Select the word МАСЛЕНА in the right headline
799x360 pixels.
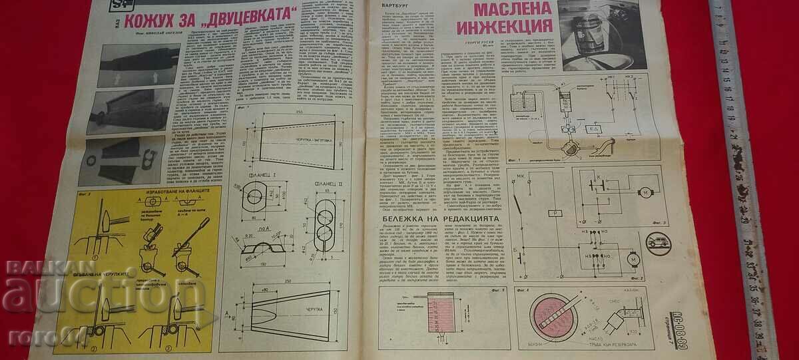[x=512, y=8]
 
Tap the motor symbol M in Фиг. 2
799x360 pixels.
[x=634, y=258]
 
